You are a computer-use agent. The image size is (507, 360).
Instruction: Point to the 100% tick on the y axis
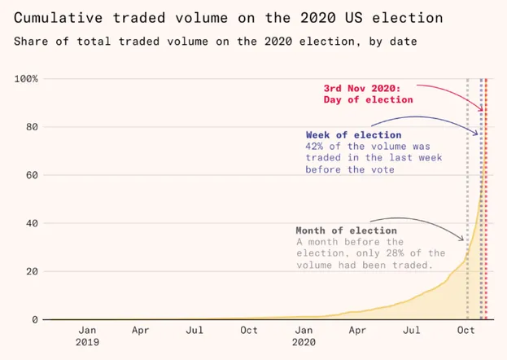point(26,79)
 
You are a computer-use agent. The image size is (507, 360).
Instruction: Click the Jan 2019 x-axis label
point(87,336)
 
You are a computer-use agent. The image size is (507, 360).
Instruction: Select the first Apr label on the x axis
point(140,331)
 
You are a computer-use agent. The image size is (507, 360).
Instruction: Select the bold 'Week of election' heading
point(353,134)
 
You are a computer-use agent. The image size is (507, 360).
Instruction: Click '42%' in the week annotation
point(317,147)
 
